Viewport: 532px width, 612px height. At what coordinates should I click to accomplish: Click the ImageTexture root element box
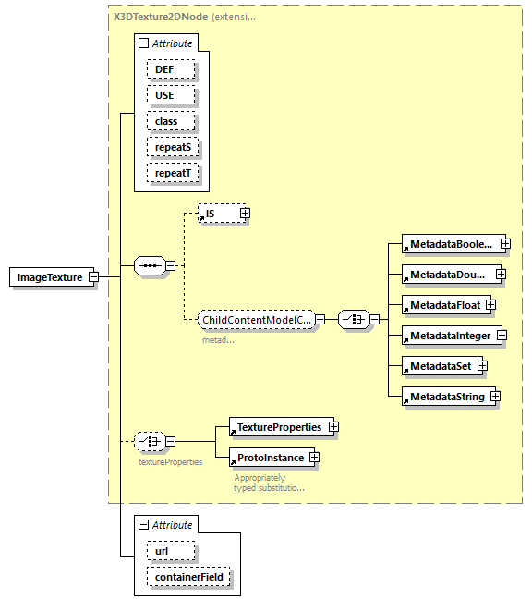(x=50, y=276)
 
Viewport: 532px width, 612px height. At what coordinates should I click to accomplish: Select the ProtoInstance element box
(x=268, y=457)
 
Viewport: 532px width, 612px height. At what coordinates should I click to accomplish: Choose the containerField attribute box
(x=189, y=578)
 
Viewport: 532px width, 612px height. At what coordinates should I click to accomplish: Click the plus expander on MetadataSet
(x=482, y=366)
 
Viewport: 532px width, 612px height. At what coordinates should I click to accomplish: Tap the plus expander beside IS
(x=245, y=214)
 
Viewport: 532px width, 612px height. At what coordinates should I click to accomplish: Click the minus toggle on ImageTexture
(x=94, y=276)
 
